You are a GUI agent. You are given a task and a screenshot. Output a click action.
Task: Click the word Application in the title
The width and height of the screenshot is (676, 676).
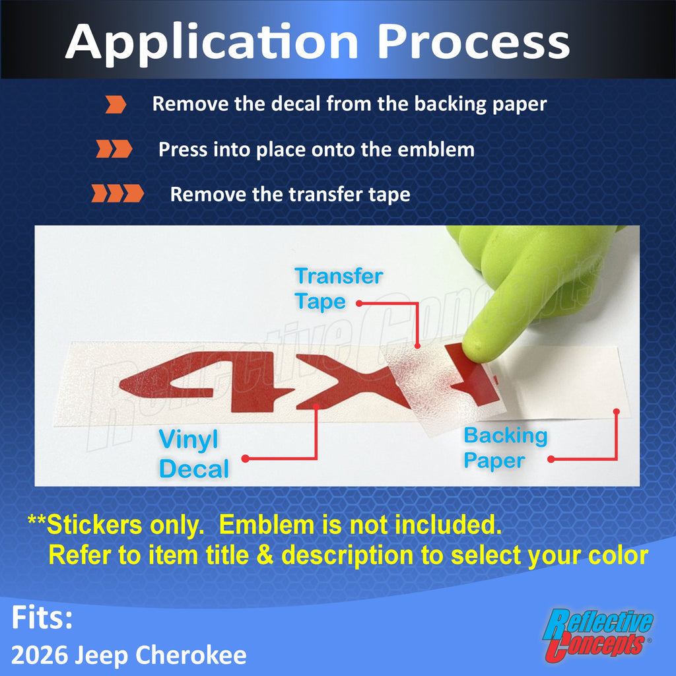point(212,43)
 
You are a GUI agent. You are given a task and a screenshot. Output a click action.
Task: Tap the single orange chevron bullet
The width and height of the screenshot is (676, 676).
point(116,105)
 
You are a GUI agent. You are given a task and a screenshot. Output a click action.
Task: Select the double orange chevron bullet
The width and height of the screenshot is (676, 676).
point(114,149)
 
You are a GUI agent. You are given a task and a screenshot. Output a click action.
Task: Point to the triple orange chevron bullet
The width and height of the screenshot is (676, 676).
point(118,193)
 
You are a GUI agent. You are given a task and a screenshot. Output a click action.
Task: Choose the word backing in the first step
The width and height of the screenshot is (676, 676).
point(450,105)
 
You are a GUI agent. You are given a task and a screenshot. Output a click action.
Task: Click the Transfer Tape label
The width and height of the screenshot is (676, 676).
point(339,288)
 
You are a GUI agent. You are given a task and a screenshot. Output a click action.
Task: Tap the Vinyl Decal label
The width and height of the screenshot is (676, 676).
point(193,454)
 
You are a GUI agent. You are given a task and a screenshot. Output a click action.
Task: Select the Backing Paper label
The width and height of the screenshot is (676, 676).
point(505,448)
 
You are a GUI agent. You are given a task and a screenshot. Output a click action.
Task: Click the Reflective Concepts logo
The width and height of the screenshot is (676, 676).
point(597,634)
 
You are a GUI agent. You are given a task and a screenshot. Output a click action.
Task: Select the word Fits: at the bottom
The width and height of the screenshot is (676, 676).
point(42,617)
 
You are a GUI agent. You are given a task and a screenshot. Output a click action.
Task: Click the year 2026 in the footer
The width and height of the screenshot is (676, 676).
point(39,656)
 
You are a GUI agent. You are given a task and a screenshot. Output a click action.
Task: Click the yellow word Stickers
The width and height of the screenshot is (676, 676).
point(94,525)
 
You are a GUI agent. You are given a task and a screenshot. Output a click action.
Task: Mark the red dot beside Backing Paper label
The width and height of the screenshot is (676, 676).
point(551,459)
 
